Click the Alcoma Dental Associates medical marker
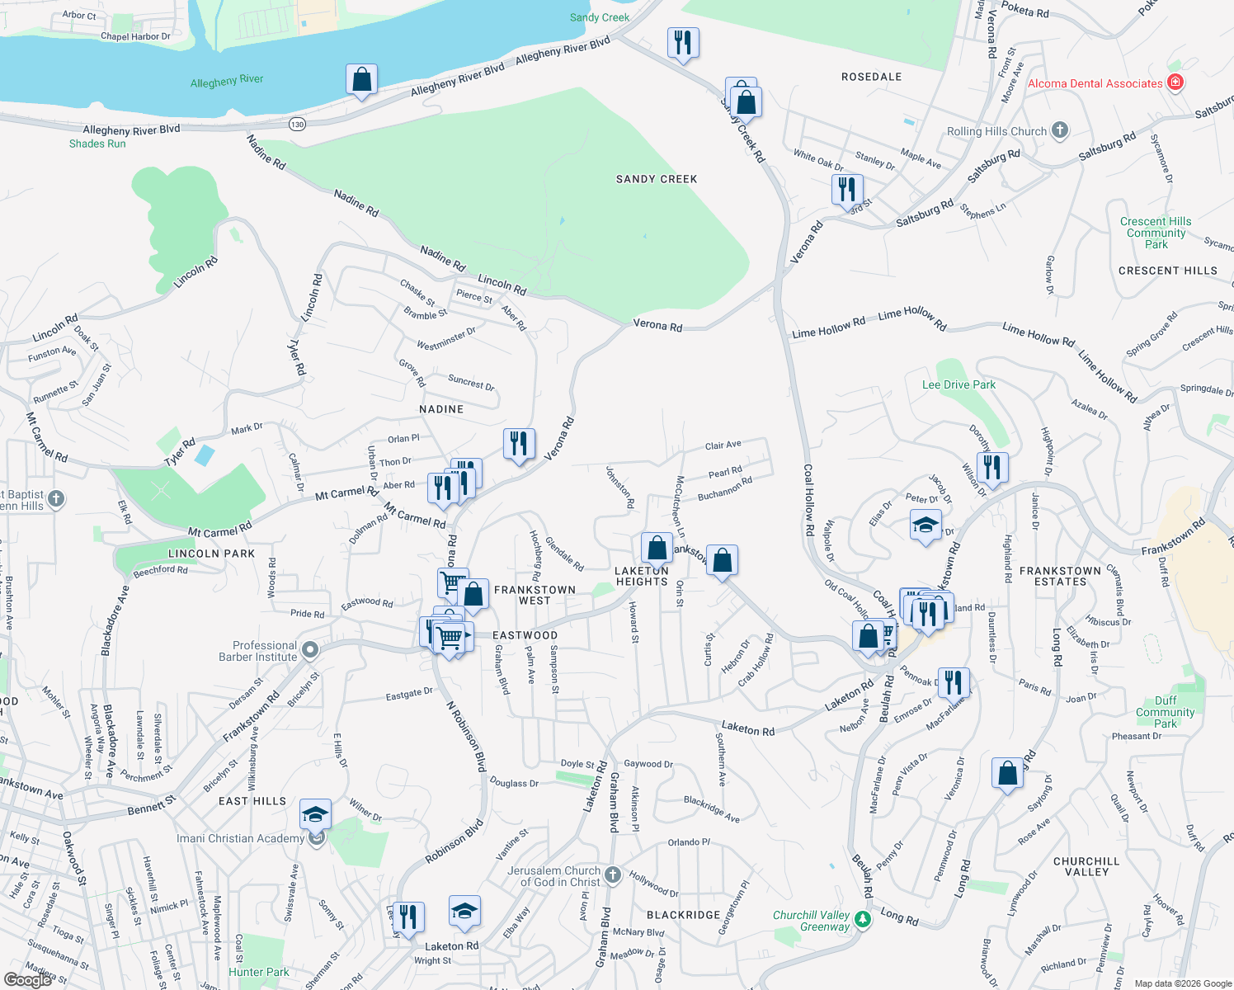(1176, 82)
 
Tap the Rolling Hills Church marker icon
(1060, 130)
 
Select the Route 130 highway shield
(297, 124)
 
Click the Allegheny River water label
(227, 81)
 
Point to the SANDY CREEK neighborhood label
(657, 179)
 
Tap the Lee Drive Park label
(958, 384)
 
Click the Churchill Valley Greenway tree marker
(863, 918)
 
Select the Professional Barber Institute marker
(310, 650)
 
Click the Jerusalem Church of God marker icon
(612, 875)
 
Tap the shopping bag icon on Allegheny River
(361, 80)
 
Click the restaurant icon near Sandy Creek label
(683, 43)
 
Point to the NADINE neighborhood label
(441, 409)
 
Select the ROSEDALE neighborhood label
(871, 77)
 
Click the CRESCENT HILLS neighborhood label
(1167, 271)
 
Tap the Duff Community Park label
(1165, 712)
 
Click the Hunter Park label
(259, 972)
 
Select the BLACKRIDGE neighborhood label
(683, 915)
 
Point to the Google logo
(28, 979)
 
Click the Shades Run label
(97, 144)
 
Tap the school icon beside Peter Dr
(925, 525)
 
